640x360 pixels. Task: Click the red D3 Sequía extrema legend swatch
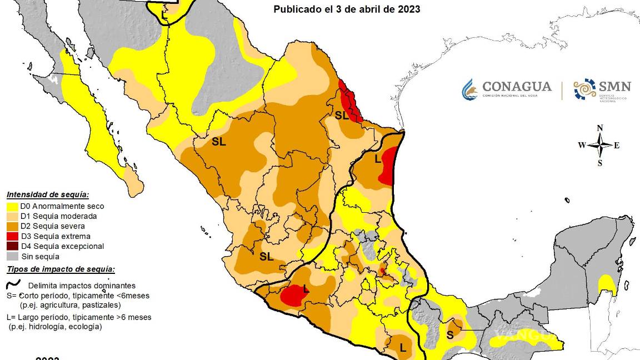(12, 236)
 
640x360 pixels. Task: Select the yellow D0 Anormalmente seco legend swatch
(12, 206)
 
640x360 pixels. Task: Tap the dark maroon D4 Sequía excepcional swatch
(12, 246)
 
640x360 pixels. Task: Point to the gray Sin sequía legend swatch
(12, 256)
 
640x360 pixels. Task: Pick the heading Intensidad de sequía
(48, 194)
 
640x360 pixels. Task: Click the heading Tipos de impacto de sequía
(61, 269)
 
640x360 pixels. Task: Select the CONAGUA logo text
(516, 87)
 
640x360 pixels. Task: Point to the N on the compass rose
(599, 128)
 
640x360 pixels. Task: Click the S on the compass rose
(599, 163)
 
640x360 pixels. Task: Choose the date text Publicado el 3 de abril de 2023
(346, 9)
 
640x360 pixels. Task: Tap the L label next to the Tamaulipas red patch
(378, 159)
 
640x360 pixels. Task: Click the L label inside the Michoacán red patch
(305, 288)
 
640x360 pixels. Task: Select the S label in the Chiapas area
(450, 335)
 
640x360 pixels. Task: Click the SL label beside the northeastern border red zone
(341, 116)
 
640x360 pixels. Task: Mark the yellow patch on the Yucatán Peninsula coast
(607, 286)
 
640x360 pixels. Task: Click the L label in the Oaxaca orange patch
(402, 348)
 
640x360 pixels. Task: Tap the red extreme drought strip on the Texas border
(351, 100)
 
